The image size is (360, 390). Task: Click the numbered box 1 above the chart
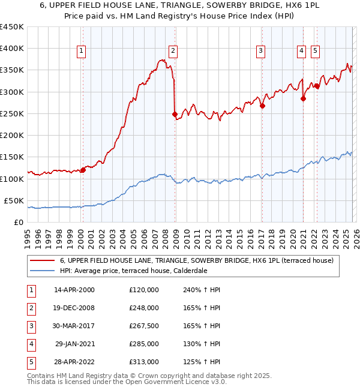pos(81,51)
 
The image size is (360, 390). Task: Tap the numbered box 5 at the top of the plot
pos(315,51)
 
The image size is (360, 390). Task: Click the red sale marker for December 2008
pos(175,114)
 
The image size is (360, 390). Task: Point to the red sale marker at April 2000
pos(83,170)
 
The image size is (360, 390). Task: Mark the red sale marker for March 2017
pos(262,106)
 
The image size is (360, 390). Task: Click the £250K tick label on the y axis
pos(12,113)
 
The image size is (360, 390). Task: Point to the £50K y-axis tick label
pos(14,200)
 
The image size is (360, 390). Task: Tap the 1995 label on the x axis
pos(28,235)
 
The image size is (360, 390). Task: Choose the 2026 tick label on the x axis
pos(356,235)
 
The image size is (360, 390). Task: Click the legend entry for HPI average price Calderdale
pos(132,271)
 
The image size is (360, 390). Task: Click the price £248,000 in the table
pos(144,307)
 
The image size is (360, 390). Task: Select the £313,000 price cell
pos(144,361)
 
